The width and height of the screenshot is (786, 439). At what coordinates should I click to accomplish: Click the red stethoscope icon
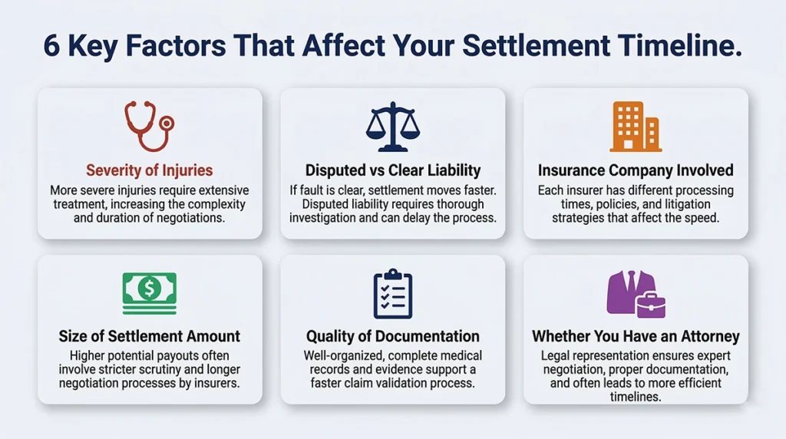pyautogui.click(x=149, y=126)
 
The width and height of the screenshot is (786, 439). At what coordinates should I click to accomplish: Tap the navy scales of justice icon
pyautogui.click(x=392, y=127)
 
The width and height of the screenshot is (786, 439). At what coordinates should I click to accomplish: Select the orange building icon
pyautogui.click(x=635, y=127)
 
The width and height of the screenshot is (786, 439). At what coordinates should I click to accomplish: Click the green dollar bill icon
pyautogui.click(x=150, y=293)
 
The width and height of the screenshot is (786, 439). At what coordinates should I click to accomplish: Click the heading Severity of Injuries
pyautogui.click(x=150, y=170)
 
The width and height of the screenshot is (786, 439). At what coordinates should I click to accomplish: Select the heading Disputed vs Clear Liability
pyautogui.click(x=392, y=170)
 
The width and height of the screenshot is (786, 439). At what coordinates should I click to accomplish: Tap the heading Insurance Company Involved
pyautogui.click(x=636, y=170)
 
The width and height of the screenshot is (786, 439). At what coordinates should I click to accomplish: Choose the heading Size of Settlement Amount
pyautogui.click(x=150, y=336)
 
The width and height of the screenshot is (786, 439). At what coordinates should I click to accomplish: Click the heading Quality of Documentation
pyautogui.click(x=392, y=336)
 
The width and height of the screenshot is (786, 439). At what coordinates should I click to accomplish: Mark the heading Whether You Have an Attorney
pyautogui.click(x=636, y=336)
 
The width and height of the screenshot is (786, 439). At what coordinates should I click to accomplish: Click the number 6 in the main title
pyautogui.click(x=51, y=47)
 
